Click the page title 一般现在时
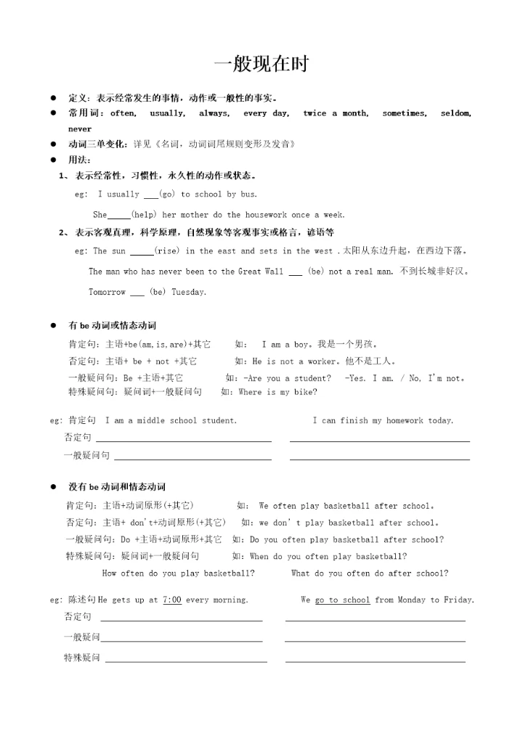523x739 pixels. point(261,64)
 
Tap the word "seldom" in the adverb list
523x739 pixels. point(456,113)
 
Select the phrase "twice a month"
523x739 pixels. point(335,113)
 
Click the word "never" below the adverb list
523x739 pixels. point(80,128)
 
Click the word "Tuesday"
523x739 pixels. point(189,292)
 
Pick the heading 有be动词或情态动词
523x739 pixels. point(112,325)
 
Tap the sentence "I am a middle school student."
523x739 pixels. point(171,420)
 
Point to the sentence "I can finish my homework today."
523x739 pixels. point(383,420)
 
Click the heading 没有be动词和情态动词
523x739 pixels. point(117,486)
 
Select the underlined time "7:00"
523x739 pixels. point(172,600)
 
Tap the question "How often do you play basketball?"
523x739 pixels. point(178,573)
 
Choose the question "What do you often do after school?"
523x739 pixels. point(369,573)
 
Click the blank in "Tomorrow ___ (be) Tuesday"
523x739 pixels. point(137,293)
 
